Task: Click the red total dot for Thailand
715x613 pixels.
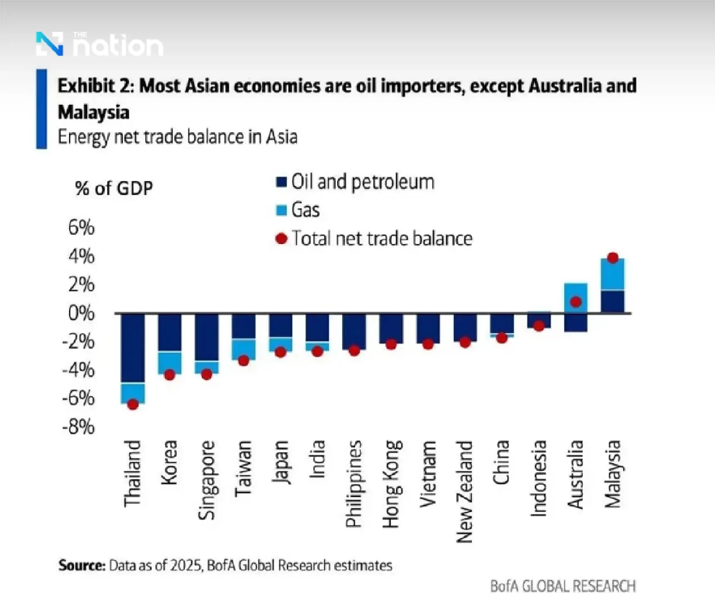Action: click(x=133, y=405)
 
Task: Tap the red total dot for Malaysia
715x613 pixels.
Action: click(x=613, y=258)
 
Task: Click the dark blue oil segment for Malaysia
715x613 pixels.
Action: click(x=613, y=301)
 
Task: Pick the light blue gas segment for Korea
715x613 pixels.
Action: click(x=170, y=362)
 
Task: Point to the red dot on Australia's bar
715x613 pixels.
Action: click(x=576, y=302)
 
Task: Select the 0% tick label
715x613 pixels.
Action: click(x=82, y=313)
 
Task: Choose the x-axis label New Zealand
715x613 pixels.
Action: click(x=464, y=491)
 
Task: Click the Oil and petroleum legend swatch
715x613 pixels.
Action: click(x=281, y=183)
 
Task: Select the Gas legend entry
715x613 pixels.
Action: click(x=305, y=210)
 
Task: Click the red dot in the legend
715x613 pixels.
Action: click(x=282, y=238)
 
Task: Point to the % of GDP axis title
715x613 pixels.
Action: click(x=114, y=188)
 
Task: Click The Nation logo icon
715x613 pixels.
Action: click(x=50, y=44)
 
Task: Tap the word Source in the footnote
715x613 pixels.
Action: click(x=82, y=565)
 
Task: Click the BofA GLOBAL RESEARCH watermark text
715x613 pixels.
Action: click(x=563, y=587)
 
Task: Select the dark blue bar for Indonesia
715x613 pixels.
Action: click(x=539, y=321)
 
